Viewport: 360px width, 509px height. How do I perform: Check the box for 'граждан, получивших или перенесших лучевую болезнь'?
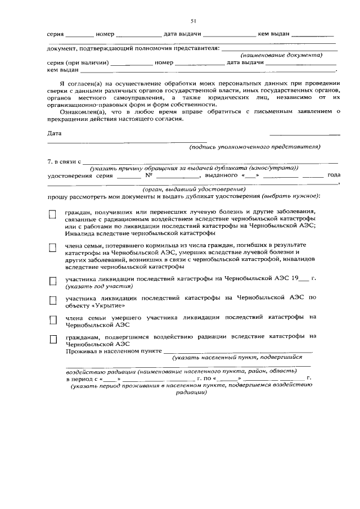pyautogui.click(x=53, y=214)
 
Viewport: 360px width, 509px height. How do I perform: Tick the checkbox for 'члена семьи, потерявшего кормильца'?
pyautogui.click(x=53, y=247)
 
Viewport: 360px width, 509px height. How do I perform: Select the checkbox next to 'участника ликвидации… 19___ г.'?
pyautogui.click(x=53, y=280)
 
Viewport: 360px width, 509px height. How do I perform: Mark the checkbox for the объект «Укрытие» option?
pyautogui.click(x=53, y=300)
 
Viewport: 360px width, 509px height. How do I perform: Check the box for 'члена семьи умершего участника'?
pyautogui.click(x=53, y=319)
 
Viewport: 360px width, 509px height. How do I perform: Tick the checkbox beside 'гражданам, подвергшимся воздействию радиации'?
pyautogui.click(x=53, y=339)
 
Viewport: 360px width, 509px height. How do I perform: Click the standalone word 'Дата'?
pyautogui.click(x=54, y=133)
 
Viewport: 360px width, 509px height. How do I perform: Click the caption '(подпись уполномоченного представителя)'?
pyautogui.click(x=254, y=147)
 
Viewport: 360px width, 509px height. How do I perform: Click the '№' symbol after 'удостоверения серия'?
pyautogui.click(x=150, y=175)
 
